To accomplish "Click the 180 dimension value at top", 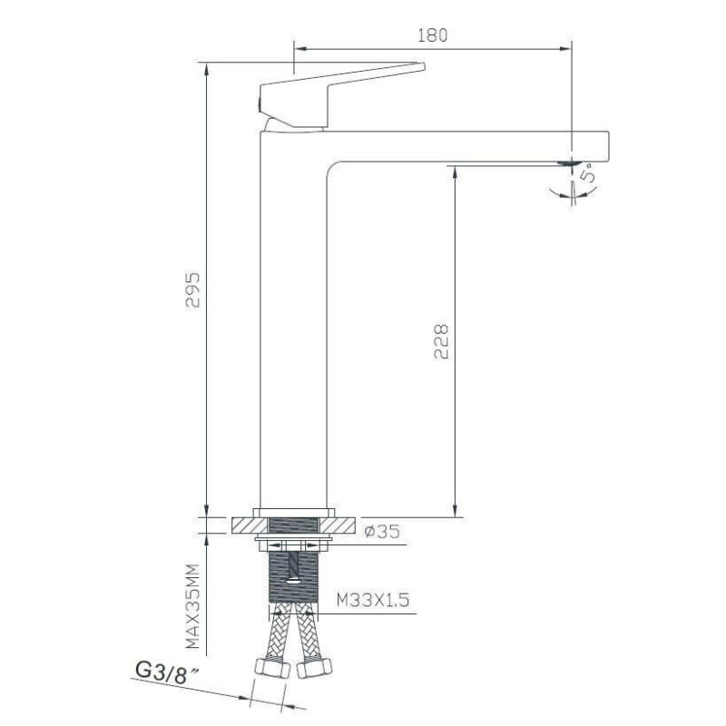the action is tap(433, 35).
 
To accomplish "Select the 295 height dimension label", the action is tap(192, 289).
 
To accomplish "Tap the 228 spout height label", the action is tap(441, 342).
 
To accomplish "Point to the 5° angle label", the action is tap(588, 172).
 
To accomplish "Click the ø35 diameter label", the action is tap(382, 532).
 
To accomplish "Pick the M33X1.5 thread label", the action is tap(373, 600).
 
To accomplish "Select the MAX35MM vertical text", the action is tap(192, 605).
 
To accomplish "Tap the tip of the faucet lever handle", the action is tap(423, 66).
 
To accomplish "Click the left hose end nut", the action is tap(272, 668).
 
